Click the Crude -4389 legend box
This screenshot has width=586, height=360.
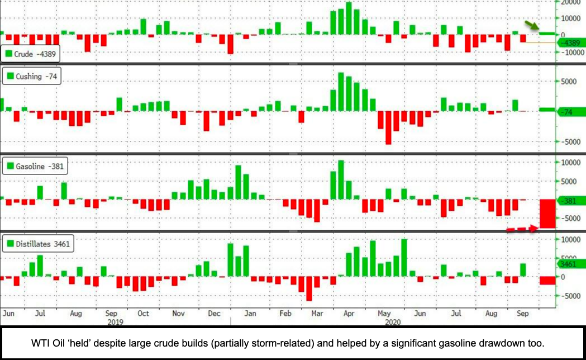(x=30, y=54)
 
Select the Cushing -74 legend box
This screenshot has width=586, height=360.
(x=30, y=77)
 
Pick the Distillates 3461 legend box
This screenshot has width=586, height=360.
(x=38, y=244)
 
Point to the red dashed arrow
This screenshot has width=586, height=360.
(x=522, y=229)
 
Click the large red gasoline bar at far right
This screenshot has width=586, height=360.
(x=547, y=213)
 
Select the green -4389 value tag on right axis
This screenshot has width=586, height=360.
(x=570, y=42)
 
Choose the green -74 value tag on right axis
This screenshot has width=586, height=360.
(x=570, y=112)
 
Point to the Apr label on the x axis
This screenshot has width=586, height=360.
(x=349, y=314)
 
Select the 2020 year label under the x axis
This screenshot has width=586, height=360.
(x=392, y=322)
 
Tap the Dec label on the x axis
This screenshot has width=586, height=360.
(x=214, y=314)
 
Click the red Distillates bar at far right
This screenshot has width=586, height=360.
(x=547, y=280)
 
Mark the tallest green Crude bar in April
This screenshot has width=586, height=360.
(x=349, y=18)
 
